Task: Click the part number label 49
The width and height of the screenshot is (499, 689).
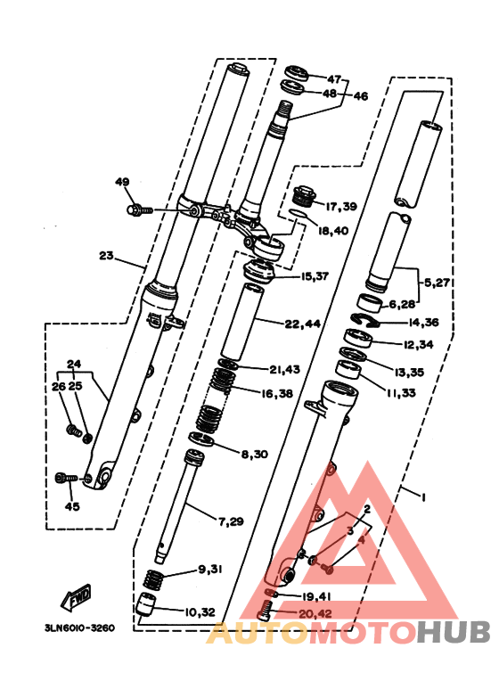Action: (x=123, y=182)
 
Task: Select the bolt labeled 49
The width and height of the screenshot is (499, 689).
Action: (x=140, y=210)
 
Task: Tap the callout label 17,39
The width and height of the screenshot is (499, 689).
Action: (x=341, y=206)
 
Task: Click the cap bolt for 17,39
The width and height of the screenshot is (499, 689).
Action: (x=304, y=195)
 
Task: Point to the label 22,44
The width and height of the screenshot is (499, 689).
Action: (x=302, y=324)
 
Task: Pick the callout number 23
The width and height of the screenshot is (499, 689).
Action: (x=106, y=255)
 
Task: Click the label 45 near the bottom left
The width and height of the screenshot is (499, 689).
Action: (x=72, y=506)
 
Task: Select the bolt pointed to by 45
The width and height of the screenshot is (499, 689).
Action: (x=66, y=478)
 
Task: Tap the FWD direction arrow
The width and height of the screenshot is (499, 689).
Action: (x=77, y=598)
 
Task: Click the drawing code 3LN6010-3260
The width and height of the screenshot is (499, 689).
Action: (x=79, y=627)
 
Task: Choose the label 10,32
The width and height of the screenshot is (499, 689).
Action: (x=200, y=612)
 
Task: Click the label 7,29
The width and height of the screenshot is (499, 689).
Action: (x=231, y=521)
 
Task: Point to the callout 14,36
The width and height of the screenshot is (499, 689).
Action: (x=423, y=322)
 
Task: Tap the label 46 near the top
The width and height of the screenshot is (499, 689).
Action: (x=360, y=95)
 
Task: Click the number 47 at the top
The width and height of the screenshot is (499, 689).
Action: (x=334, y=79)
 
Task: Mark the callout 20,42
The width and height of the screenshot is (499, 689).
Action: (x=315, y=613)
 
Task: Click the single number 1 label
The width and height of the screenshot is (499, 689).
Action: (x=423, y=497)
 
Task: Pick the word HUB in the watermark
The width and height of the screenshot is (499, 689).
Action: (x=453, y=632)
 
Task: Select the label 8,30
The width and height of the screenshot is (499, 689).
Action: (x=254, y=454)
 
